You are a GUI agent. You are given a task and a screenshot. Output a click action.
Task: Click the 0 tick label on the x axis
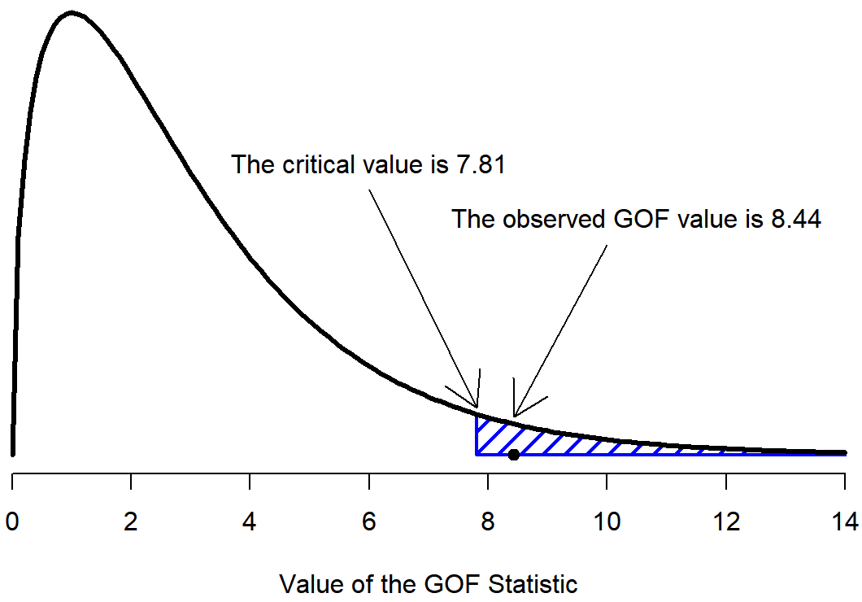12,521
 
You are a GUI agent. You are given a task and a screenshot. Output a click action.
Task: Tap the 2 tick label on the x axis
131,521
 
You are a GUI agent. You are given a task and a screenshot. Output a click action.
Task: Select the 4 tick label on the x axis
250,521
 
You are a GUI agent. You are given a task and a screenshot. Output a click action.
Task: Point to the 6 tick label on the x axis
369,521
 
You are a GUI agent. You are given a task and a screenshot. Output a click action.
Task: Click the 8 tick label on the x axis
488,521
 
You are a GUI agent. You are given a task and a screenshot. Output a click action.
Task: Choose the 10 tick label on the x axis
607,521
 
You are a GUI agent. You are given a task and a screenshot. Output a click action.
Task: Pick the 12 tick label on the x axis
725,521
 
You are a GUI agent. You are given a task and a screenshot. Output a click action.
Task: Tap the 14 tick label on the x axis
844,521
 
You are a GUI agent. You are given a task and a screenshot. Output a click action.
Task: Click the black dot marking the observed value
514,455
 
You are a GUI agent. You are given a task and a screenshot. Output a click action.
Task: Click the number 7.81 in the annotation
477,164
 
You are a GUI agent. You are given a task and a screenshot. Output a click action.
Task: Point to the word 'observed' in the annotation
557,219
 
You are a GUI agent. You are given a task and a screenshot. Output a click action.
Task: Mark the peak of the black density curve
72,13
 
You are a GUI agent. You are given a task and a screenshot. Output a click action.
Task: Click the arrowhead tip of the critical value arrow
477,407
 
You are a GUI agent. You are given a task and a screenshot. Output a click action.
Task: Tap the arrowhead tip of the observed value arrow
515,416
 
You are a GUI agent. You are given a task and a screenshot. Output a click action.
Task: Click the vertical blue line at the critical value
477,436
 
